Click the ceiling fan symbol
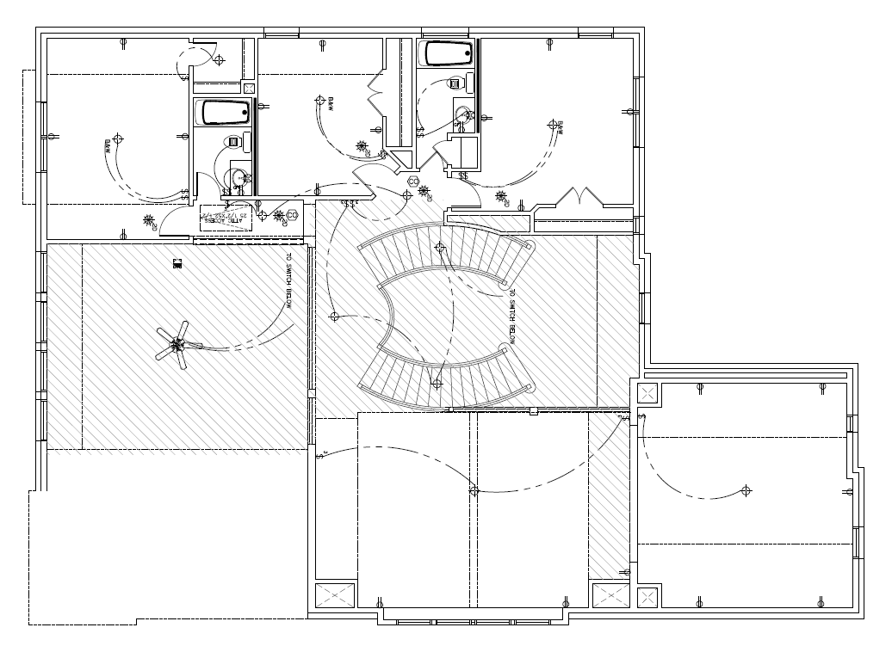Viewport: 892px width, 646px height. (177, 345)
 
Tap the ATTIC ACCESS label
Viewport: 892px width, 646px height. (222, 218)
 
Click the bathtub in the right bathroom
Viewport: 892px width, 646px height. (447, 54)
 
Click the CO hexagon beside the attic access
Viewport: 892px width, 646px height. (292, 214)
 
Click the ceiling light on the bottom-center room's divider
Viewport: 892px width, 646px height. (474, 490)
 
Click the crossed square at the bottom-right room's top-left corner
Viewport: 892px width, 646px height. (647, 394)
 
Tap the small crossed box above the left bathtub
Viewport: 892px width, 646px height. (250, 87)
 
